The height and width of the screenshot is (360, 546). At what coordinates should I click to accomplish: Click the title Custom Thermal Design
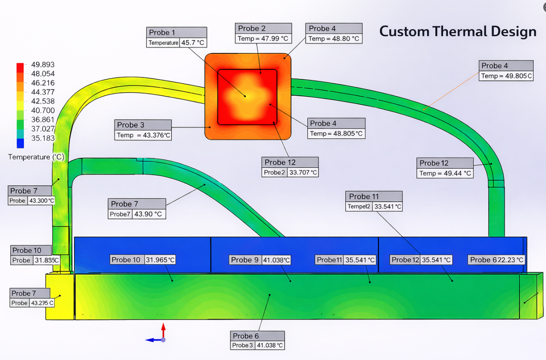(457, 31)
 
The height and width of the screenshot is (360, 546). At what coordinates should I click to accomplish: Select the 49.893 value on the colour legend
(43, 65)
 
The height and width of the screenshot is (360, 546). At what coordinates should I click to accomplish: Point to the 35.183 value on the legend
(43, 138)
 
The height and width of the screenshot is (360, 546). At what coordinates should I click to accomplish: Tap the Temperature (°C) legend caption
(36, 157)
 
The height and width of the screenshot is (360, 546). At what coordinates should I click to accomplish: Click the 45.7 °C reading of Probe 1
(193, 43)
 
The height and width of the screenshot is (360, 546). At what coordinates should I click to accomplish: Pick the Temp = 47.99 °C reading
(263, 39)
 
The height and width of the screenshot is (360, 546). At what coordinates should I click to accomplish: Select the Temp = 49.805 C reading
(506, 76)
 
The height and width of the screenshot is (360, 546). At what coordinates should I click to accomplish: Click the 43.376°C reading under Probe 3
(143, 135)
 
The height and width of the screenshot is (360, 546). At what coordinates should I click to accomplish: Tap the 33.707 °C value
(303, 173)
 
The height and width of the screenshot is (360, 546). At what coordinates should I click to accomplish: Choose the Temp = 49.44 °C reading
(445, 173)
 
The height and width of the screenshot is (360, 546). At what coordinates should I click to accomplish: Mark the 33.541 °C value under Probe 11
(388, 207)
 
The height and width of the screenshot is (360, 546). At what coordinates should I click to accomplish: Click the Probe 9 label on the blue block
(245, 260)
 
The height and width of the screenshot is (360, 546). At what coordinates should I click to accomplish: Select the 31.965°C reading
(160, 260)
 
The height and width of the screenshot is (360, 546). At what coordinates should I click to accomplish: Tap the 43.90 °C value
(148, 214)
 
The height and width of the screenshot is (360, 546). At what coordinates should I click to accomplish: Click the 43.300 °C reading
(41, 201)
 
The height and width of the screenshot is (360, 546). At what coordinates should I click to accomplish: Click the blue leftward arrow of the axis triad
(152, 340)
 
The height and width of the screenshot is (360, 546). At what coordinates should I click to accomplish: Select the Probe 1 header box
(177, 32)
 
